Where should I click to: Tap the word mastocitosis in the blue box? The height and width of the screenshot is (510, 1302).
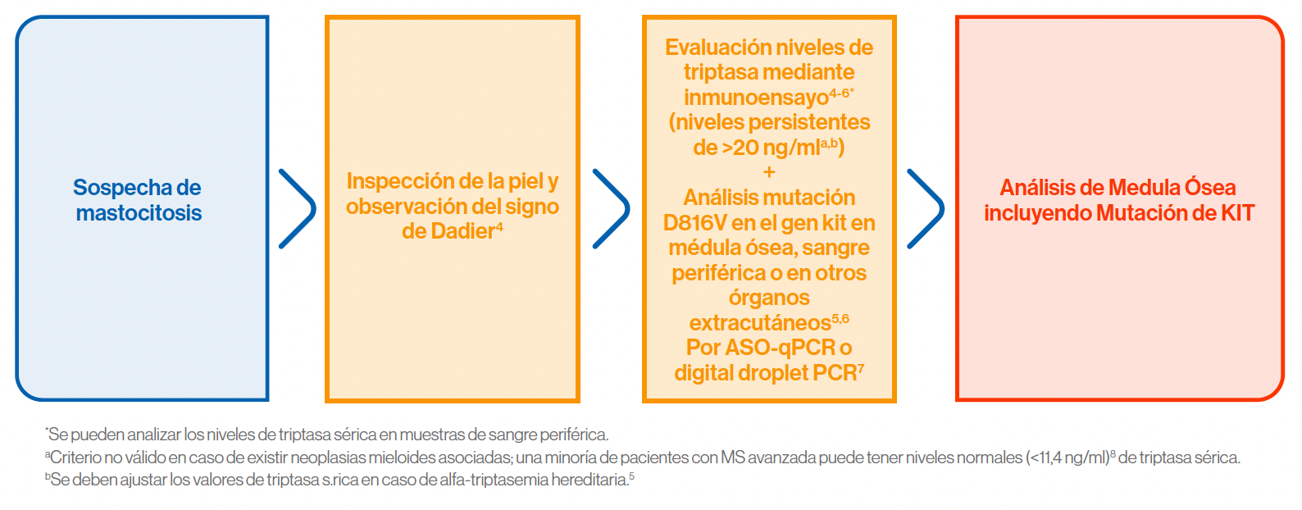pyautogui.click(x=139, y=213)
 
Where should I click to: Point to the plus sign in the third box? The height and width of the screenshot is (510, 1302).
pyautogui.click(x=769, y=172)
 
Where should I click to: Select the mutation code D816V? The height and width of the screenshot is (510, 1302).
pyautogui.click(x=694, y=223)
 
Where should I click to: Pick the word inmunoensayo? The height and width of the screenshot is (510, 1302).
pyautogui.click(x=756, y=97)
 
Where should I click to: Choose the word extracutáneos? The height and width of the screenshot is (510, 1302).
pyautogui.click(x=760, y=323)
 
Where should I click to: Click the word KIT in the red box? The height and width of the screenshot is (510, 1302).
pyautogui.click(x=1237, y=213)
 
